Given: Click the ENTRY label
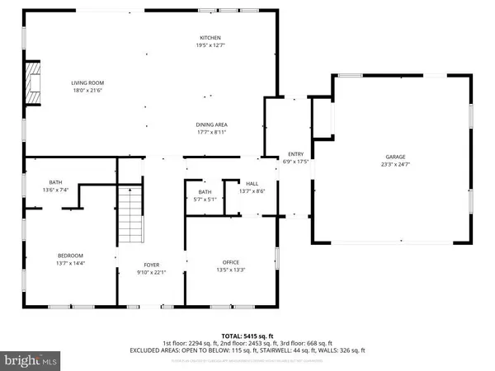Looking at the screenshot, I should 295,154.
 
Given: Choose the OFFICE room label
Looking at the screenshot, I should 230,261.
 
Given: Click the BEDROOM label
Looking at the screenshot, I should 71,255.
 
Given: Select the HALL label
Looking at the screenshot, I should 252,184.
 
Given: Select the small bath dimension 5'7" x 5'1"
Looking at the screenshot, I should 205,199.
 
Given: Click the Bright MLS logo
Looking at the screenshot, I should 31,359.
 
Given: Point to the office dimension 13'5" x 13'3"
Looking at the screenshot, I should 230,269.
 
